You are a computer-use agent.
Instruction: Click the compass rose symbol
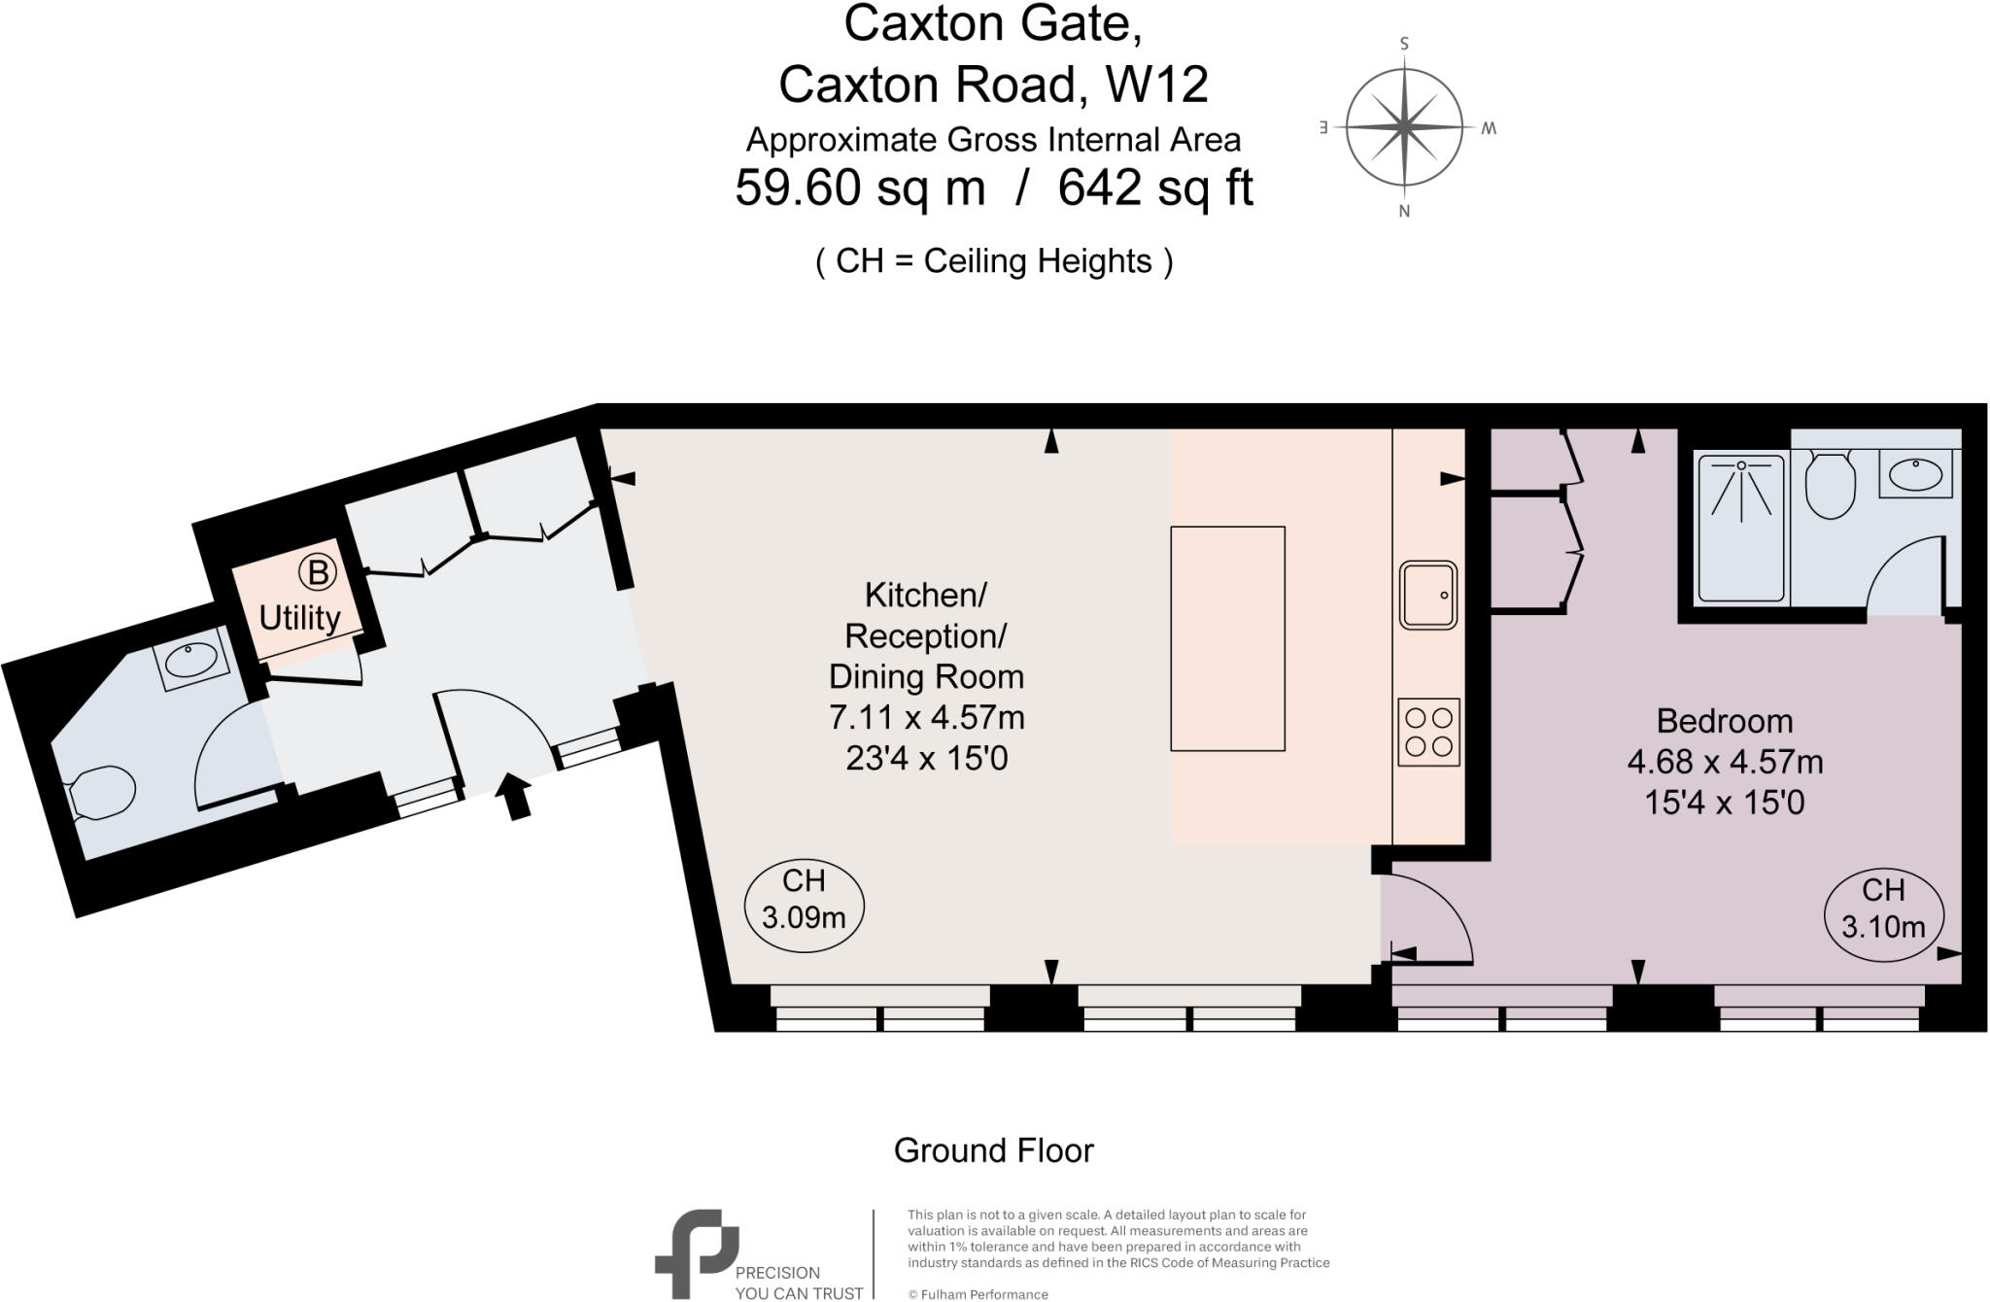coord(1404,127)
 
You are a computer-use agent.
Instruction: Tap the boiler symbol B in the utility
coord(317,572)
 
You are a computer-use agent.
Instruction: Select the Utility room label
coord(299,618)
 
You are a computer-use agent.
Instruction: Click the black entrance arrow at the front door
coord(515,796)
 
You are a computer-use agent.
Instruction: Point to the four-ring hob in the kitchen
coord(1429,732)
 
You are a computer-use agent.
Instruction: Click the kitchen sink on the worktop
coord(1428,595)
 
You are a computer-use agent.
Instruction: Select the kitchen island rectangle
coord(1227,638)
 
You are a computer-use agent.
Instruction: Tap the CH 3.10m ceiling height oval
coord(1883,914)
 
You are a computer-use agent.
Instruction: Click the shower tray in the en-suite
coord(1740,528)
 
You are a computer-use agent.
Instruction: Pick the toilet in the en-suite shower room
coord(1830,487)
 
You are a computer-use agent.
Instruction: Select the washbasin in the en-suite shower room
coord(1915,474)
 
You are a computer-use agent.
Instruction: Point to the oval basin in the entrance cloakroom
coord(192,660)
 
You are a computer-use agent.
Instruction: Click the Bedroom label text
coord(1724,721)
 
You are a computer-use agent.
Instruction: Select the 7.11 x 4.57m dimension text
coord(926,717)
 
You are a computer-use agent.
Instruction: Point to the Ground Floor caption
coord(993,1150)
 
